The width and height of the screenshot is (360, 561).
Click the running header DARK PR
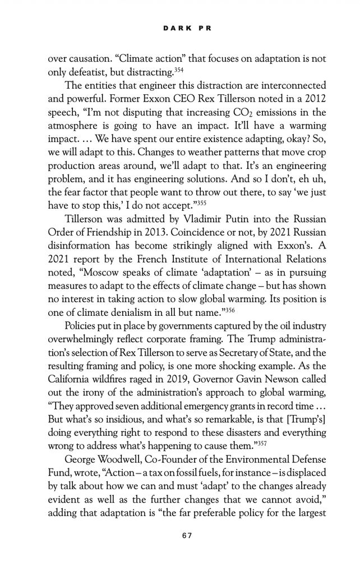click(179, 27)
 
